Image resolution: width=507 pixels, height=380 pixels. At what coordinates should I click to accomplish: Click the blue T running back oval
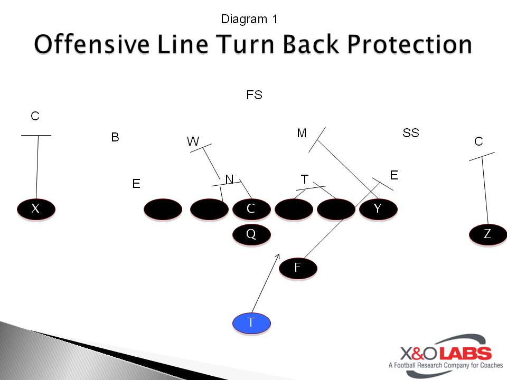tap(251, 323)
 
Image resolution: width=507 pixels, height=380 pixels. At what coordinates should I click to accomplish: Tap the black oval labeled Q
tap(251, 234)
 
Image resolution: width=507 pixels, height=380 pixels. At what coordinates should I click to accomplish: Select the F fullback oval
tap(298, 268)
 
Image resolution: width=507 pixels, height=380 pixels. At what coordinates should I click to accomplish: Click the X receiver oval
tap(36, 209)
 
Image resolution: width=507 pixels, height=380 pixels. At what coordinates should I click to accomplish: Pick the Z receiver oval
tap(488, 234)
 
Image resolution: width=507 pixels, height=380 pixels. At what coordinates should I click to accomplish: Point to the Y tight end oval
tap(378, 209)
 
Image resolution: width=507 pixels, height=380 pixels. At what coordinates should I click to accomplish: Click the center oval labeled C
tap(251, 209)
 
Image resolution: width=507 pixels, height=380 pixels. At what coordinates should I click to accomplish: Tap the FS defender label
tap(254, 95)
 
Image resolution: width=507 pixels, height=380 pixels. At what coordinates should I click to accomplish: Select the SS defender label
tap(411, 133)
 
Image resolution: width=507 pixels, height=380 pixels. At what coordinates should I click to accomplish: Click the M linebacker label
tap(302, 133)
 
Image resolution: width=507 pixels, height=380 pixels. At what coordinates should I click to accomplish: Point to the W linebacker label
tap(193, 141)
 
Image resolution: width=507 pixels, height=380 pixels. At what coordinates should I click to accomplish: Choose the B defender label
tap(115, 137)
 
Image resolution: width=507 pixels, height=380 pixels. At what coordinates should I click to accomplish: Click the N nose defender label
tap(229, 179)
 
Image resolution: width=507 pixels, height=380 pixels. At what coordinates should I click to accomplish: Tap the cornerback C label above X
tap(35, 116)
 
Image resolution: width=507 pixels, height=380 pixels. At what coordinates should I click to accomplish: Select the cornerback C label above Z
tap(478, 141)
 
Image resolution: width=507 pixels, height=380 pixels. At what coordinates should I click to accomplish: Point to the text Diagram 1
tap(249, 19)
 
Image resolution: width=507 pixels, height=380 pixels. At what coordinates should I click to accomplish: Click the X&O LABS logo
tap(446, 355)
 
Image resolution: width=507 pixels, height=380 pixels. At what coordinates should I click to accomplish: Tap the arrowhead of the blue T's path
tap(278, 256)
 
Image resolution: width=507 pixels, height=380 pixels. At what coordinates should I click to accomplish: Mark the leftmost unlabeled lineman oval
tap(163, 210)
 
